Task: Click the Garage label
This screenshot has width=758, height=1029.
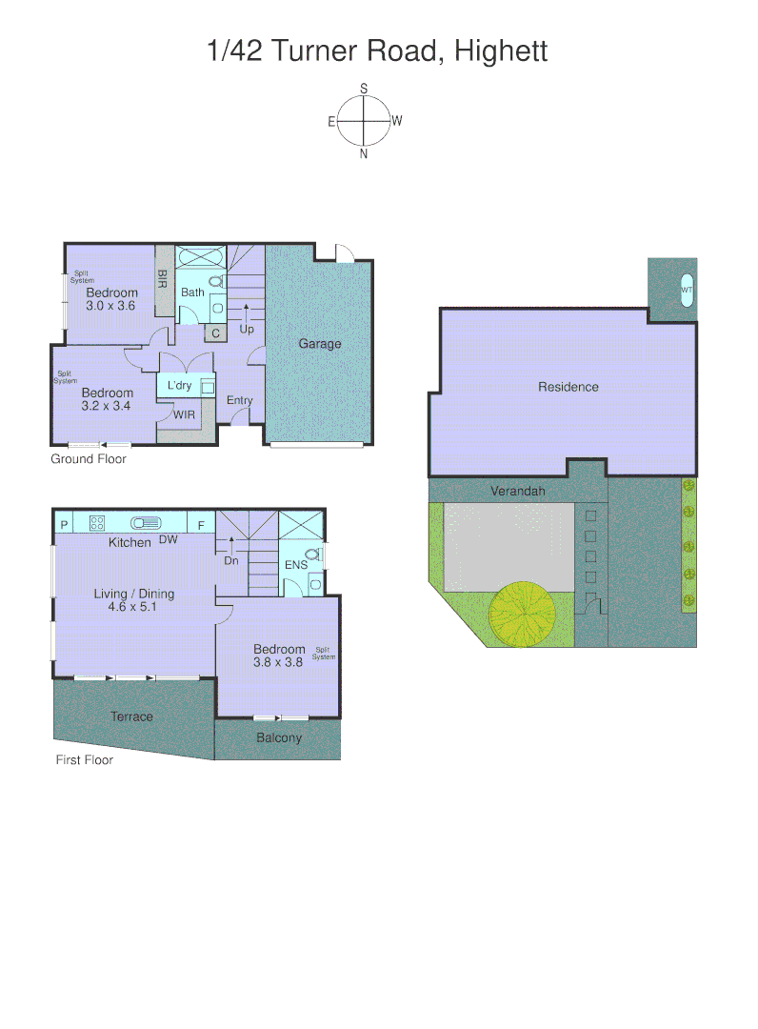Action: (x=319, y=344)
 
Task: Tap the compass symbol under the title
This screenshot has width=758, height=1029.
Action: (x=365, y=121)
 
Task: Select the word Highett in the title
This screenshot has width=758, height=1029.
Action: (x=501, y=50)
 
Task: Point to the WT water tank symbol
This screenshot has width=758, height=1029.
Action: (x=687, y=290)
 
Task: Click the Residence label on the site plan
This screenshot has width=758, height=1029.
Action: (x=568, y=387)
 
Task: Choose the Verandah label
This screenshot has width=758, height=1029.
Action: (x=517, y=492)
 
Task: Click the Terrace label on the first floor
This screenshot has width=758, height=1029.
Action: (x=131, y=716)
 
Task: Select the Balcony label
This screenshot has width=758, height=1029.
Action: (x=279, y=737)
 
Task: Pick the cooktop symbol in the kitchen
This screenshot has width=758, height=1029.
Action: (x=97, y=522)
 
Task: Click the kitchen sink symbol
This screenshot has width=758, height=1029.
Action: (x=146, y=522)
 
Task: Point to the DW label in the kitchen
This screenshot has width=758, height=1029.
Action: (x=169, y=540)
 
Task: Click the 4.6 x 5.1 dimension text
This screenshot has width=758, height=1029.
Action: (x=134, y=606)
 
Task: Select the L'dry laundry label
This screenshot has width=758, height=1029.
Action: (x=179, y=386)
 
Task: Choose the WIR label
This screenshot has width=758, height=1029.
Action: (x=184, y=414)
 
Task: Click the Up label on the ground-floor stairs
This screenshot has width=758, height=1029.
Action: (x=247, y=330)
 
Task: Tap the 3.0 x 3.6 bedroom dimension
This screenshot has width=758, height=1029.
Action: (x=111, y=306)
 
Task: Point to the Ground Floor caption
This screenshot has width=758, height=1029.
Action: (x=89, y=459)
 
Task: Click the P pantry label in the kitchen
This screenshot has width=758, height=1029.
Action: (x=64, y=523)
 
